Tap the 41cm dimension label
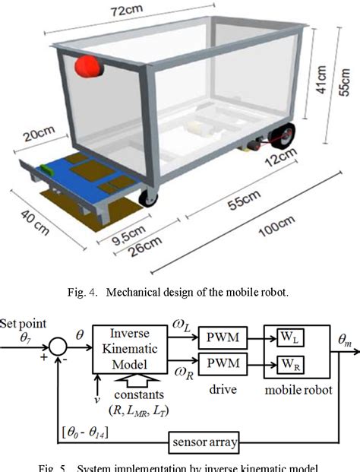tap(321, 78)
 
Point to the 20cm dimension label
tap(36, 140)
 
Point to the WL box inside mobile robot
tap(289, 338)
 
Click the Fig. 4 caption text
tap(178, 291)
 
